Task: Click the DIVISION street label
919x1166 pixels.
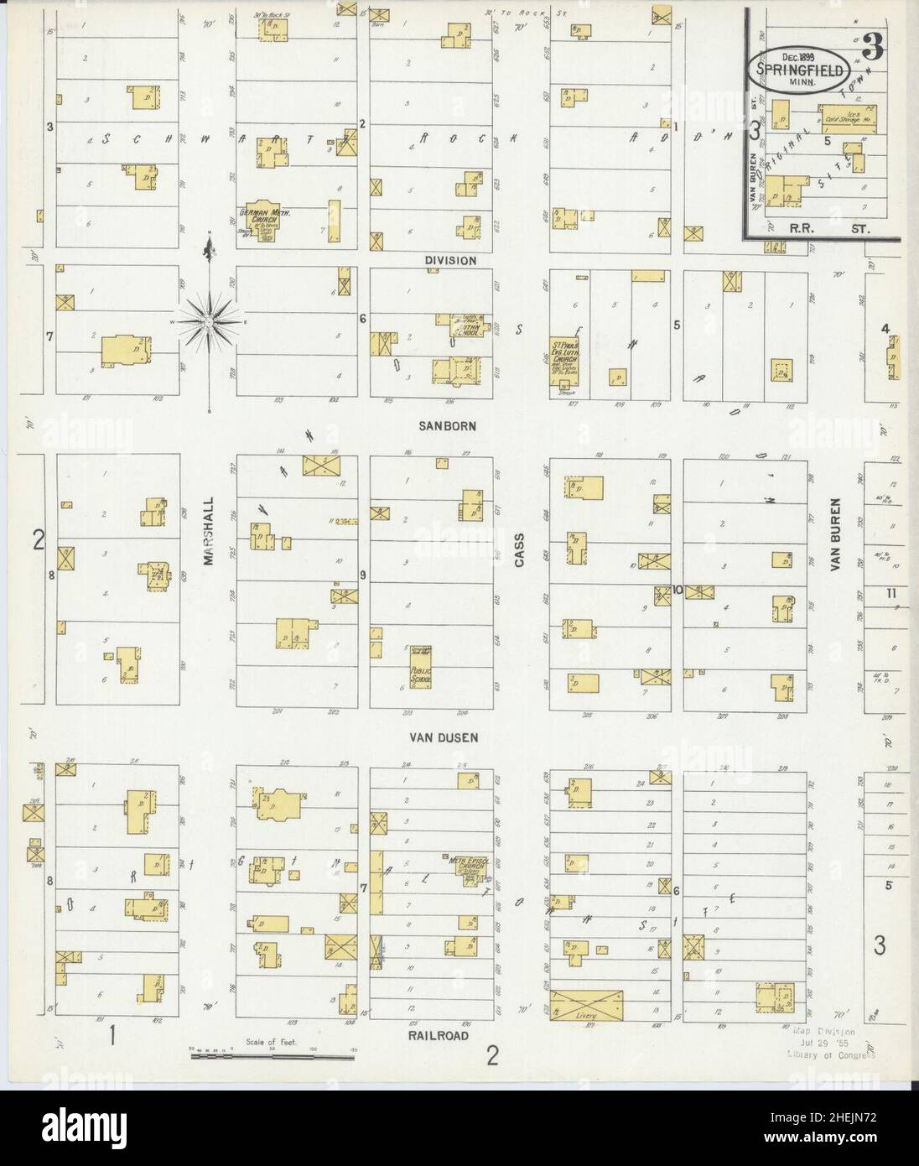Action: (450, 260)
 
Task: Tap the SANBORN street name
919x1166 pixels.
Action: (449, 426)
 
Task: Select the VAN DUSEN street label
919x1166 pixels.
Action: (444, 738)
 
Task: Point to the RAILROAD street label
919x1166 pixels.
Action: (439, 1036)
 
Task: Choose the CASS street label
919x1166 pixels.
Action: (519, 550)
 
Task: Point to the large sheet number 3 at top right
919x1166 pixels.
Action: (872, 49)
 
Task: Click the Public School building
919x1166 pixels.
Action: (419, 674)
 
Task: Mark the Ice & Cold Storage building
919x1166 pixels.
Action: (849, 118)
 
